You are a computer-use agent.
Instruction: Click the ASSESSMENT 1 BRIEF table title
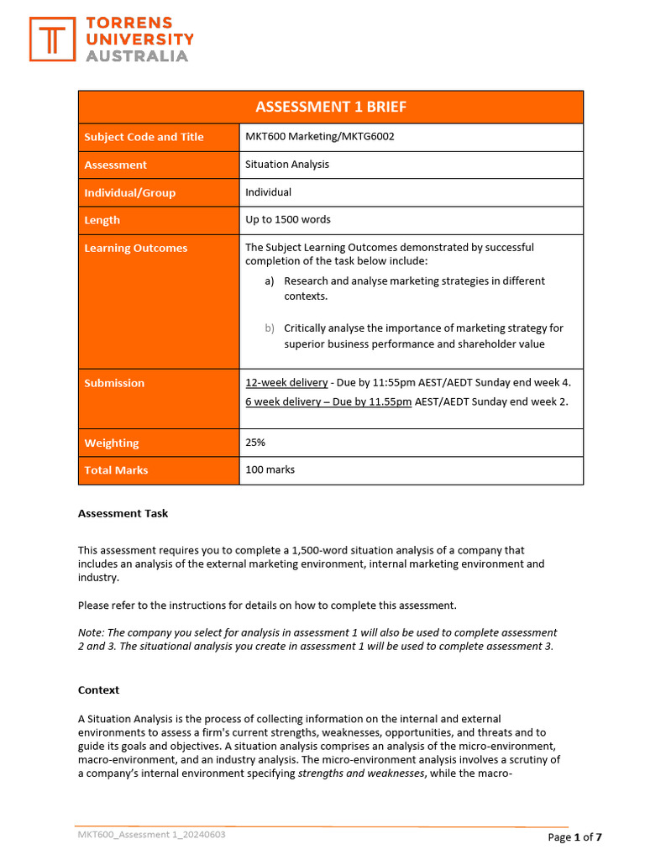330,107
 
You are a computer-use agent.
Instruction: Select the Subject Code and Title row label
144,137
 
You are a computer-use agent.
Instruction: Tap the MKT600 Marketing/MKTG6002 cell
319,137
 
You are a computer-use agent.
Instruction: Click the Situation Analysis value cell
287,165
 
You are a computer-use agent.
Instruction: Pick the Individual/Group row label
129,192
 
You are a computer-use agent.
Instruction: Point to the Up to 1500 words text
287,220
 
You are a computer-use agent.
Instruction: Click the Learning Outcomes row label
135,248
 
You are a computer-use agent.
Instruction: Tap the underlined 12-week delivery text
286,383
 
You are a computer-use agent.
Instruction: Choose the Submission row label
114,383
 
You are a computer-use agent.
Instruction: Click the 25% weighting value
256,443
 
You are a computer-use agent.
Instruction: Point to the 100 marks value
270,470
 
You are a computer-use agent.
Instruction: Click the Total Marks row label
116,470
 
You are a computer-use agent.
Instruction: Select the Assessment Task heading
123,513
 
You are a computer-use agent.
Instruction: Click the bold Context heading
98,690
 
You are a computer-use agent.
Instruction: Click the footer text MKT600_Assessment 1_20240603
151,835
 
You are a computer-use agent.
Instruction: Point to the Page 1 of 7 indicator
574,836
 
